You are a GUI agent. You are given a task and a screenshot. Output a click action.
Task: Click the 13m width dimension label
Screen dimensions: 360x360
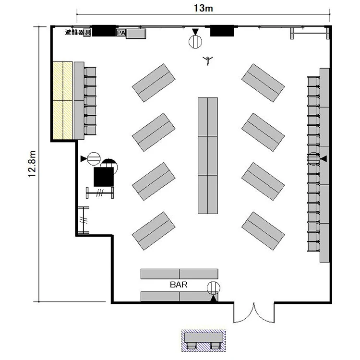pos(204,8)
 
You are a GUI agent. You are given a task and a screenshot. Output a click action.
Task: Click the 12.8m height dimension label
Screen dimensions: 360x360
pos(32,164)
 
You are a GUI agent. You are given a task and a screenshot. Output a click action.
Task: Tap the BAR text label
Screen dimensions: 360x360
pos(179,285)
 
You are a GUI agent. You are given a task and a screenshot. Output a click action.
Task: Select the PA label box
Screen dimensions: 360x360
pos(121,33)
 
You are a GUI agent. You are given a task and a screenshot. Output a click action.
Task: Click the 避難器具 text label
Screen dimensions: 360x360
pos(78,32)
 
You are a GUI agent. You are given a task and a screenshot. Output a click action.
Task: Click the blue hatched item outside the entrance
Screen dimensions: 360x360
pos(204,341)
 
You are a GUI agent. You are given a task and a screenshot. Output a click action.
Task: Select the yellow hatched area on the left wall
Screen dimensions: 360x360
pos(63,100)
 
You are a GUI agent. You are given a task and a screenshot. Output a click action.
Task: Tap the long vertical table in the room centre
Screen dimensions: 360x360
pos(208,156)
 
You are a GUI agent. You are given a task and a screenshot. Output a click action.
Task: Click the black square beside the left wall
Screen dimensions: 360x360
pos(104,177)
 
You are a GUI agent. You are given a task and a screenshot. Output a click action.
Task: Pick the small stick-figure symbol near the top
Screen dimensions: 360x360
pos(208,60)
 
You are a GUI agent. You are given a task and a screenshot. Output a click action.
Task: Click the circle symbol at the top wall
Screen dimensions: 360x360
pos(195,42)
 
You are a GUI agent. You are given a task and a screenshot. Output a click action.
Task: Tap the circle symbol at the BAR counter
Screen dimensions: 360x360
pos(214,288)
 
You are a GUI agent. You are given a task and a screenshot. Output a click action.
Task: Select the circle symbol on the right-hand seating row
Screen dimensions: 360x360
pos(313,158)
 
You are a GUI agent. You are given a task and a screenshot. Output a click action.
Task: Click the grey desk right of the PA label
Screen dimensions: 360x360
pos(136,34)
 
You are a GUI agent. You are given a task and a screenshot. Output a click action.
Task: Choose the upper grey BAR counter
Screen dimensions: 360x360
pos(180,274)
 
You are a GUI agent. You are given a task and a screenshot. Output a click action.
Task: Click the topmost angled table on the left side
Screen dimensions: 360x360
pos(154,83)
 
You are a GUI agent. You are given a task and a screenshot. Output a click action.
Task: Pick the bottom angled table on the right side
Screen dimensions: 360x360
pos(263,231)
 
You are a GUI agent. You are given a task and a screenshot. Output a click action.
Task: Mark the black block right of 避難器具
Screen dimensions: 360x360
pos(104,31)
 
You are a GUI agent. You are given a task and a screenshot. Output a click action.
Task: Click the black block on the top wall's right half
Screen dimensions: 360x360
pos(222,31)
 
